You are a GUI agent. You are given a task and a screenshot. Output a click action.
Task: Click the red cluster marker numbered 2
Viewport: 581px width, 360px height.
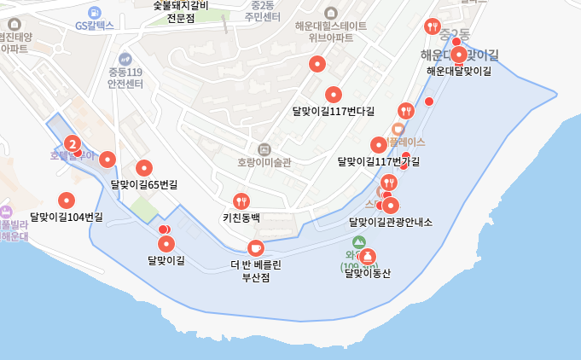pos(73,144)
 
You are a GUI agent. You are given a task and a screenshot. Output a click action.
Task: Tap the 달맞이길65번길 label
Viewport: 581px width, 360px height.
pos(144,183)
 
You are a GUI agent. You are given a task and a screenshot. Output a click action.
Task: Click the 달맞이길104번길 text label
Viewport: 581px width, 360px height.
pos(66,217)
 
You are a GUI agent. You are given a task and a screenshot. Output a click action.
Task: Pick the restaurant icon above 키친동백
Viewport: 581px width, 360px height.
pos(242,201)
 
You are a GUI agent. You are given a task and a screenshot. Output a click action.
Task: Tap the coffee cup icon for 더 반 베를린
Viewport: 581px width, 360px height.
pos(255,247)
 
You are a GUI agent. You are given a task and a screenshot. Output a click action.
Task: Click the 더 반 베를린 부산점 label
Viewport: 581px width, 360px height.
pos(256,270)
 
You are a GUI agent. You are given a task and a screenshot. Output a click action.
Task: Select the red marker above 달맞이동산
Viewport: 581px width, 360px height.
pos(368,256)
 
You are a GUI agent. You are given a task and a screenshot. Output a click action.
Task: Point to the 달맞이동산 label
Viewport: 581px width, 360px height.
pos(367,274)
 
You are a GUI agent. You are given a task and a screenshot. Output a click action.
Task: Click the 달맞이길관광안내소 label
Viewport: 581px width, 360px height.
pos(391,222)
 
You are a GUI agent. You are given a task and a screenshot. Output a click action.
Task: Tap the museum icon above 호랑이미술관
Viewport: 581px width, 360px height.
pos(264,148)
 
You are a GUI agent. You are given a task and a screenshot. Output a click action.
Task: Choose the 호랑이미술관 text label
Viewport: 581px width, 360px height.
pos(264,162)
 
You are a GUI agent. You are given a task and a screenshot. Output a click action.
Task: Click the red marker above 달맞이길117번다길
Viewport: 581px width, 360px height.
pos(334,95)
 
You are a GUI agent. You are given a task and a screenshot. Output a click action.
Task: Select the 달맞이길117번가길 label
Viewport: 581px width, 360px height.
pos(378,161)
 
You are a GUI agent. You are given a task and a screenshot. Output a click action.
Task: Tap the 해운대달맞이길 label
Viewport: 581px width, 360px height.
pos(459,71)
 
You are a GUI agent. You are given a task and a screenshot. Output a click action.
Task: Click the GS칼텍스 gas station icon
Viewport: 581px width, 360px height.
pos(94,13)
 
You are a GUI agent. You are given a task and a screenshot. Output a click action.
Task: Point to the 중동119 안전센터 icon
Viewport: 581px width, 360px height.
pos(125,59)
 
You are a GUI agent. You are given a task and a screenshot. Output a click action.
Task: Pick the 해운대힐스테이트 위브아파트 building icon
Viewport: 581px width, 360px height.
pos(331,13)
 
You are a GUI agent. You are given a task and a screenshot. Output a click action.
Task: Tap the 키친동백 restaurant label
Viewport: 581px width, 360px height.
pos(241,218)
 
